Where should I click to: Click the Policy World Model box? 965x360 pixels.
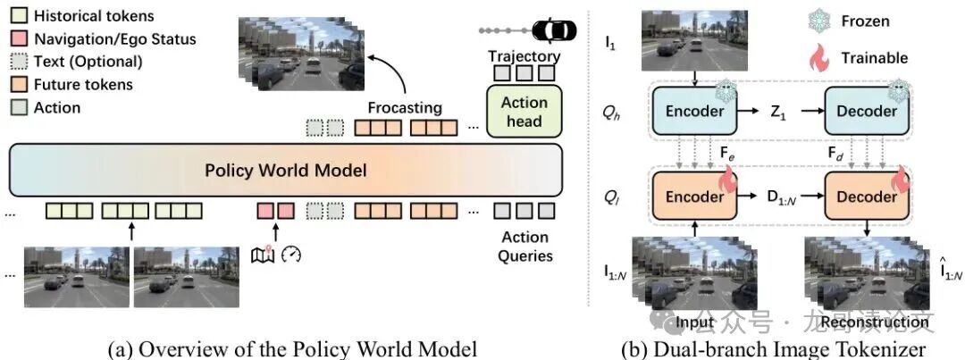(287, 170)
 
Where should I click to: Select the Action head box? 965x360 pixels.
(524, 111)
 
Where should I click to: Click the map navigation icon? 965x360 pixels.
(264, 255)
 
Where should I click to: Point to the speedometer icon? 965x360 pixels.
(291, 255)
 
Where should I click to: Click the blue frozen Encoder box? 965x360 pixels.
(693, 112)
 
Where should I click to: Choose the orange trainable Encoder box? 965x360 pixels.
(693, 197)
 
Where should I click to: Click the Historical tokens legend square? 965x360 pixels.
(18, 16)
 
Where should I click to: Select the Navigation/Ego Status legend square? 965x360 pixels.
(18, 39)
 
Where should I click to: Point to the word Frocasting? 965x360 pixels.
(406, 108)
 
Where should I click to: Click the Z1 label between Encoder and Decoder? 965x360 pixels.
(777, 112)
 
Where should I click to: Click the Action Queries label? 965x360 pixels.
(524, 247)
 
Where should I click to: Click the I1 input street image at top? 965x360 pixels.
(688, 41)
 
